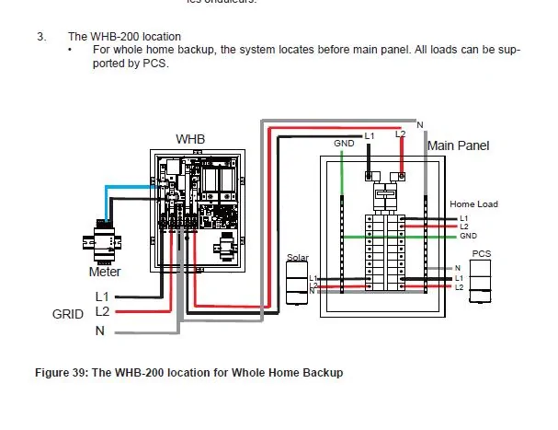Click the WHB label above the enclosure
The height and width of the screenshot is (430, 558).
190,139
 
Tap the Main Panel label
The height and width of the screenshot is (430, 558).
459,145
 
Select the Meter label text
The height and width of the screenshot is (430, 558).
104,272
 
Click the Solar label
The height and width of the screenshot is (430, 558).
298,258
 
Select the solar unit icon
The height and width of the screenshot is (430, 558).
296,283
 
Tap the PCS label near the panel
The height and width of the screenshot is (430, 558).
481,252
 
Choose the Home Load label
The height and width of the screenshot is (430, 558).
473,203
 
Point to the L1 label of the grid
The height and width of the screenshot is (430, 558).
102,296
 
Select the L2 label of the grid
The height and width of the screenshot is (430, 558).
102,313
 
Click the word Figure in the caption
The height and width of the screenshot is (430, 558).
53,373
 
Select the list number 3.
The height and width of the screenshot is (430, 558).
40,36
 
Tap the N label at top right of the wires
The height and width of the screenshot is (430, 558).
419,124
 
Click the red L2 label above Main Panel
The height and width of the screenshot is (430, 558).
400,134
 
